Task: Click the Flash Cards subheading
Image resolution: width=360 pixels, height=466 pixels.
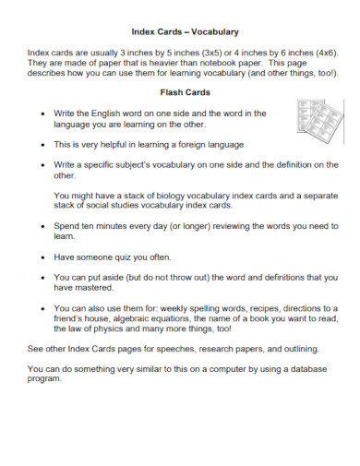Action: tap(179, 93)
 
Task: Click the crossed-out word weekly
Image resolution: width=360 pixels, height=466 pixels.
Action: tap(174, 308)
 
